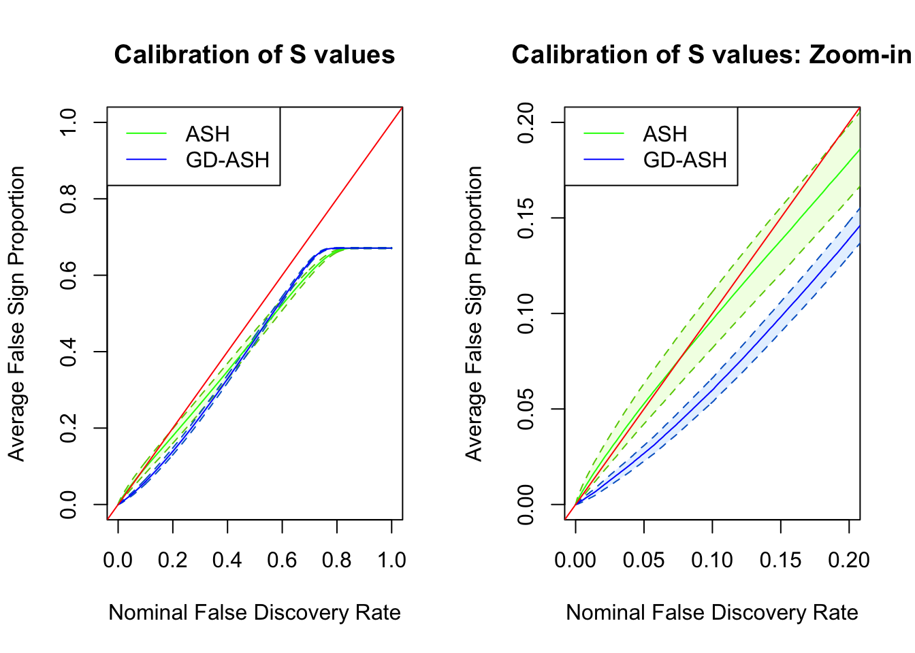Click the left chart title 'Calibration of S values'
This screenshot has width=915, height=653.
255,55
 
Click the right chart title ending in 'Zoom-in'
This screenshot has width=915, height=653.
711,55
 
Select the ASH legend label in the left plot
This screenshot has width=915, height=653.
208,134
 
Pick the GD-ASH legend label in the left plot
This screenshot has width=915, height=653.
227,160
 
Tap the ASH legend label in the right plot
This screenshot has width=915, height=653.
665,134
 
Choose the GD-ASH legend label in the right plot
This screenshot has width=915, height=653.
685,160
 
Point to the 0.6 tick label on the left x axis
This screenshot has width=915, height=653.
282,560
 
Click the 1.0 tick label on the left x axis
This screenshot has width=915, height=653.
391,560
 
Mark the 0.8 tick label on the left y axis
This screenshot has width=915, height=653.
69,199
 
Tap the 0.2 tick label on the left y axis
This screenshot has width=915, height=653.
69,429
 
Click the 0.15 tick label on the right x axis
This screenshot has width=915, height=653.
780,560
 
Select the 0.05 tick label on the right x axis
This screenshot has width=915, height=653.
643,560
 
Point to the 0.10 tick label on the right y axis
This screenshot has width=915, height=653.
526,314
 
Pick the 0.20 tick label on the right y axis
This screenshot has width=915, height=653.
526,122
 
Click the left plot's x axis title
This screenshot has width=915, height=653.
255,612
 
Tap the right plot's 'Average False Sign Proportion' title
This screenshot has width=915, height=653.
474,314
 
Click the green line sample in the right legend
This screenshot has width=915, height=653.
604,134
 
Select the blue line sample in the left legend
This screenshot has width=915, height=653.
146,160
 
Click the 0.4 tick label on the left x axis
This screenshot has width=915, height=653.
227,560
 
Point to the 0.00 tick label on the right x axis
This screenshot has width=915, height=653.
575,560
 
